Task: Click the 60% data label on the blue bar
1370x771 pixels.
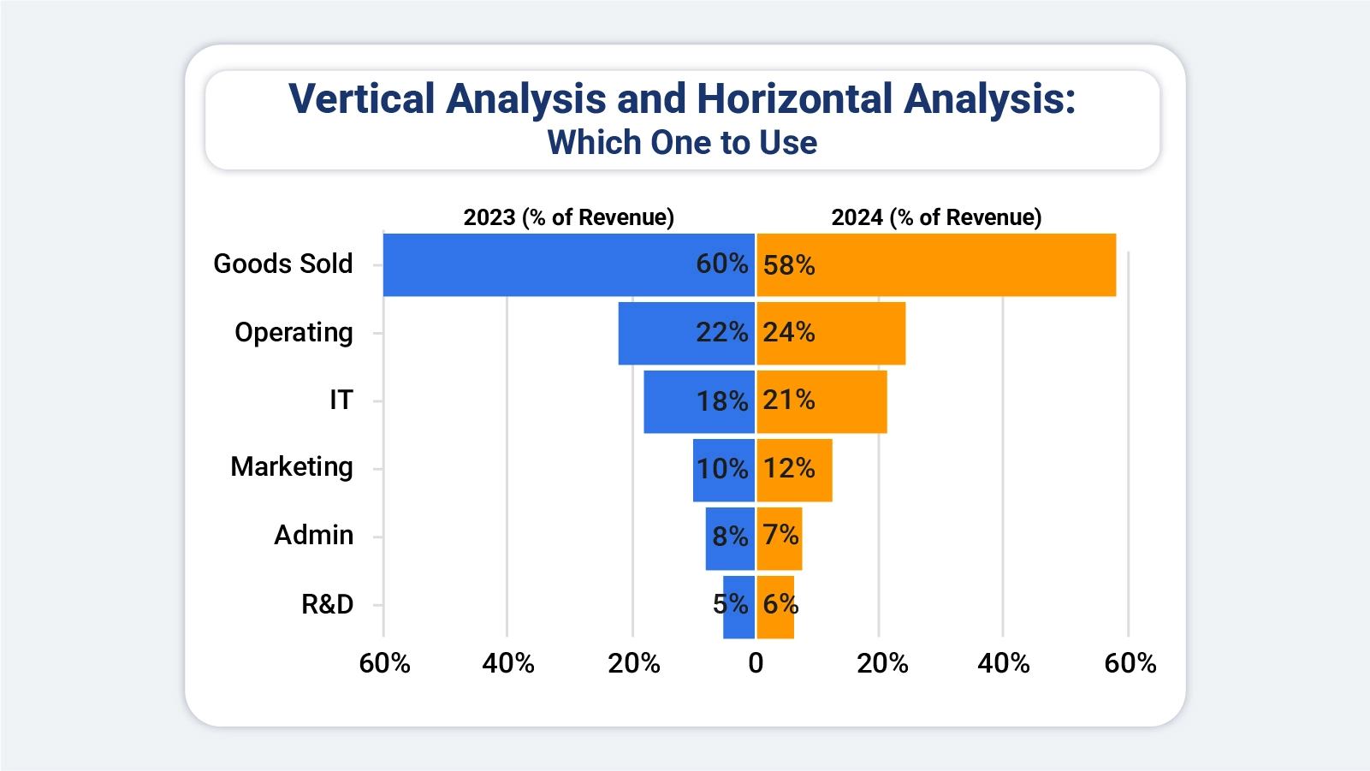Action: click(x=721, y=264)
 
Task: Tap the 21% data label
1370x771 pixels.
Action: click(x=788, y=400)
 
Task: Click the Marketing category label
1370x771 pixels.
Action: click(x=292, y=467)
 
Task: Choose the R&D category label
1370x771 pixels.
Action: click(x=327, y=604)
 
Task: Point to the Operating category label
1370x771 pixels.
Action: click(x=294, y=332)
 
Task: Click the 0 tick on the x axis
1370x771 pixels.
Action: click(x=756, y=663)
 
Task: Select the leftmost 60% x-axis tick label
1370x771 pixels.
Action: click(x=384, y=663)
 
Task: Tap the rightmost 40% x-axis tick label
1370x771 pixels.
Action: click(x=1004, y=663)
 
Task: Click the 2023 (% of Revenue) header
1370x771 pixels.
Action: click(x=568, y=217)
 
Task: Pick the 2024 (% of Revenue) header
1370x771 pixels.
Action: click(x=936, y=217)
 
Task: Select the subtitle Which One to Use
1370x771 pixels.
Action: click(x=682, y=143)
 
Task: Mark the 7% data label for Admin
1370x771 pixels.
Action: click(x=780, y=535)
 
